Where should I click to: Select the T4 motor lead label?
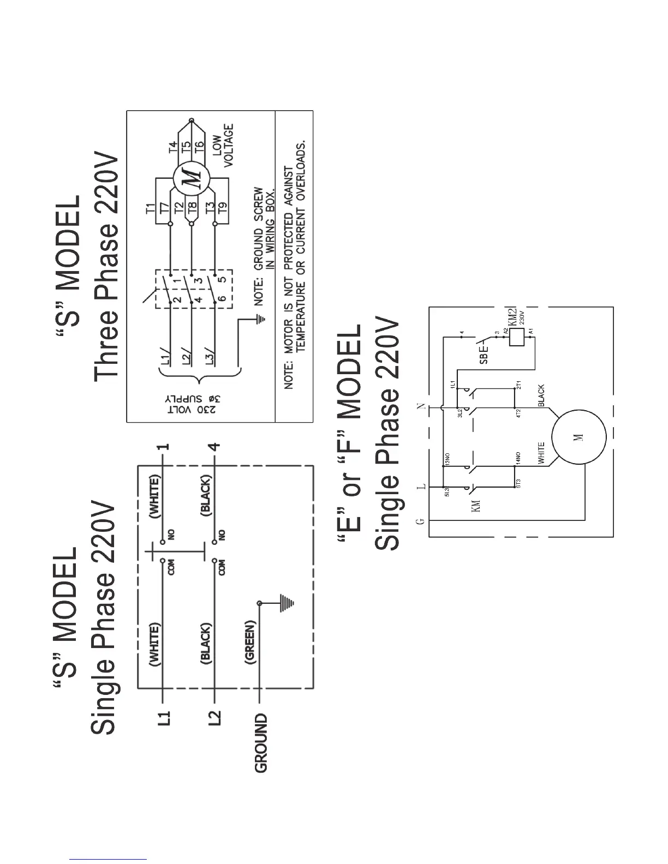[173, 147]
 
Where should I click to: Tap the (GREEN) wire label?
[250, 642]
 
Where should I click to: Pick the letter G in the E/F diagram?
[420, 521]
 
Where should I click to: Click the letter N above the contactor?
[420, 407]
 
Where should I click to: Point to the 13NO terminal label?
[447, 459]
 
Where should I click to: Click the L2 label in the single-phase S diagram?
[216, 717]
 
